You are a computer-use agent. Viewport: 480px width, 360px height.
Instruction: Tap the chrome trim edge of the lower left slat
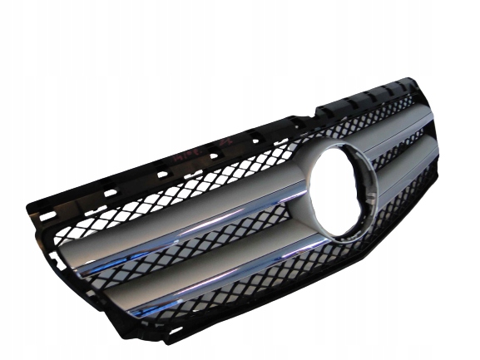225,275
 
